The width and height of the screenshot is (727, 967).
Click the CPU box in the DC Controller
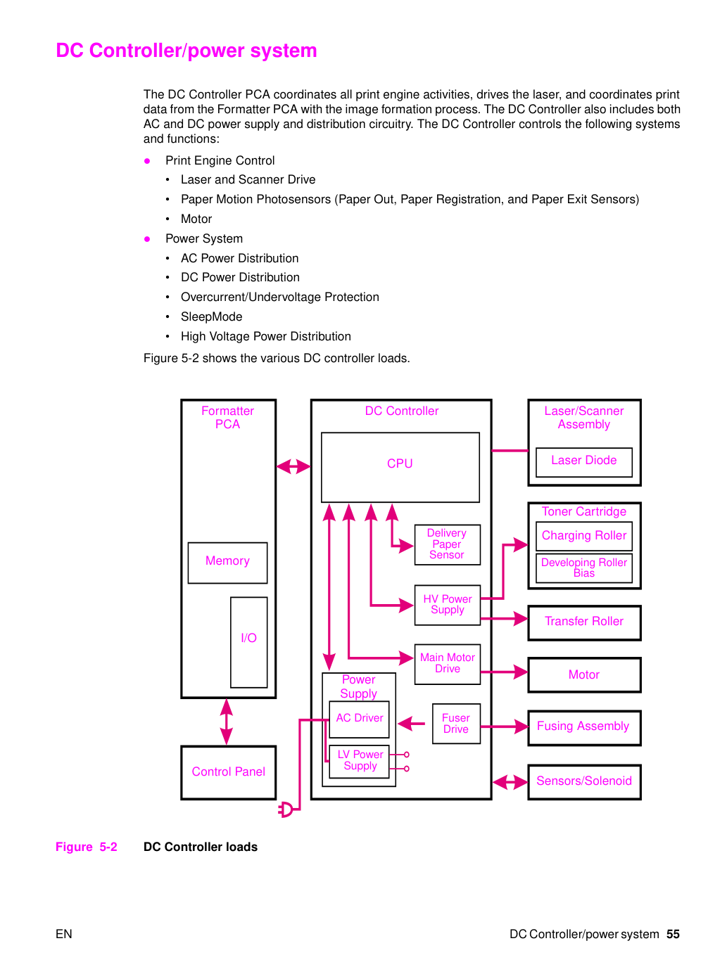(x=400, y=467)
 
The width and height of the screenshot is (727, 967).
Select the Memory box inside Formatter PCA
(x=227, y=563)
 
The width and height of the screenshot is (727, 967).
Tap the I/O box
(x=248, y=642)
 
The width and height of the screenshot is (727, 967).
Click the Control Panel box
(x=228, y=772)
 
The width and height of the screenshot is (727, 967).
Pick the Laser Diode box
(x=583, y=462)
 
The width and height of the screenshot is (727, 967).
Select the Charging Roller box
(x=583, y=536)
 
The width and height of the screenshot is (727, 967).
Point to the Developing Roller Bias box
(x=583, y=568)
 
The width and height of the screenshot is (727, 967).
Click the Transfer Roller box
(x=584, y=622)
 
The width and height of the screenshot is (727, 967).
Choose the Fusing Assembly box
(x=584, y=728)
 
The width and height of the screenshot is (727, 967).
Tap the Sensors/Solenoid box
(x=584, y=782)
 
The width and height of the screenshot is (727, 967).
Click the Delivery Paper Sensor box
(x=447, y=544)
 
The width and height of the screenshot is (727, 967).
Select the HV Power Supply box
(x=447, y=605)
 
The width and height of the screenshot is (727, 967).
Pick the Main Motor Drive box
(x=447, y=664)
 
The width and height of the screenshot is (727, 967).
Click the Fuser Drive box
(x=456, y=724)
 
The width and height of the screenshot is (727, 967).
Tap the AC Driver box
(x=360, y=719)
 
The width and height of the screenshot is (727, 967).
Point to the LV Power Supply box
(x=360, y=761)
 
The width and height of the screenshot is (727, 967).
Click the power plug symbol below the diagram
(x=285, y=809)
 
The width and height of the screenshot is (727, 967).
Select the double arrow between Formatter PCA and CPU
(x=293, y=466)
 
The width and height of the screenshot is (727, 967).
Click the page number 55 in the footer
(x=672, y=934)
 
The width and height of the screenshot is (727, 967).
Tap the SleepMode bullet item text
(x=211, y=316)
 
